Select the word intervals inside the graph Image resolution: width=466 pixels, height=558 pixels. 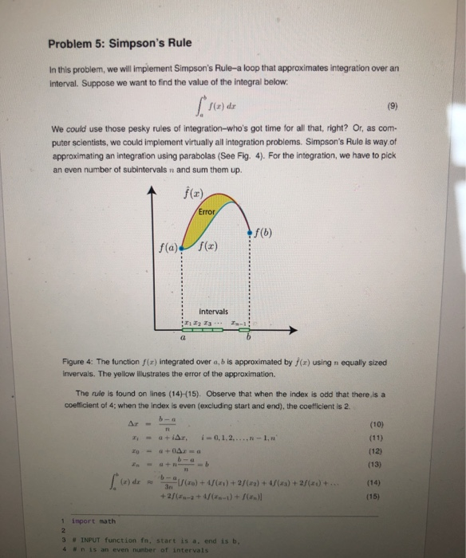tap(210, 310)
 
